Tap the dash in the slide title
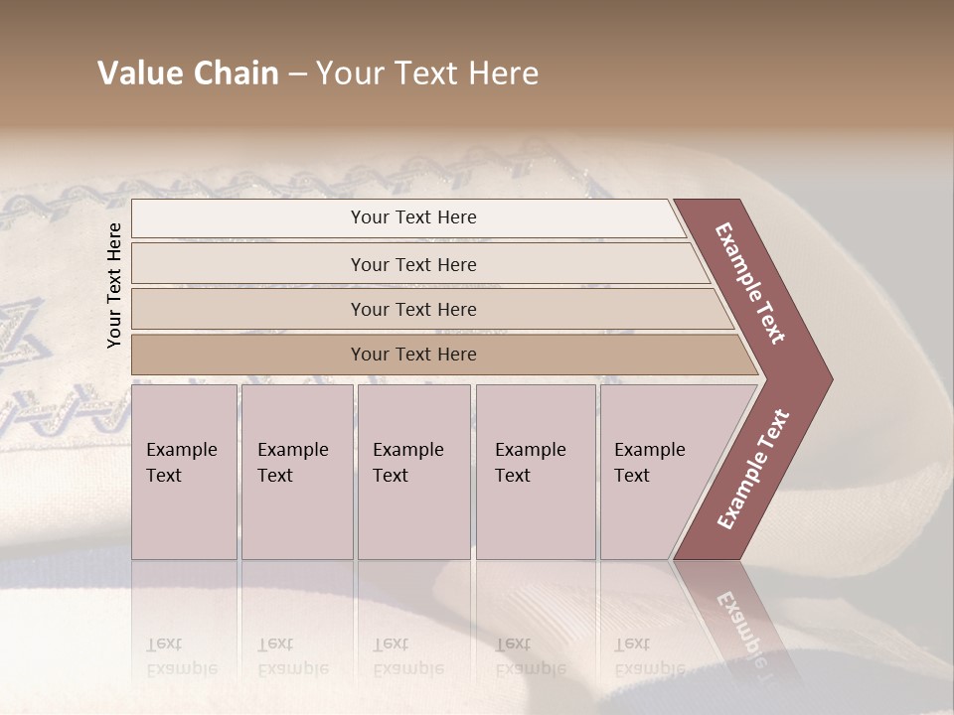click(x=297, y=74)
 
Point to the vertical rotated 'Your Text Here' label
click(x=115, y=285)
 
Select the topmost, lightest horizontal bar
click(x=407, y=217)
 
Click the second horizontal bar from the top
click(x=413, y=264)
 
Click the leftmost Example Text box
click(x=184, y=472)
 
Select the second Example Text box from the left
click(x=296, y=472)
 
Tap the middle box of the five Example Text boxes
click(x=413, y=472)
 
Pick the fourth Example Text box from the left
click(x=536, y=472)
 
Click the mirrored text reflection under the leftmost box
click(x=182, y=655)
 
